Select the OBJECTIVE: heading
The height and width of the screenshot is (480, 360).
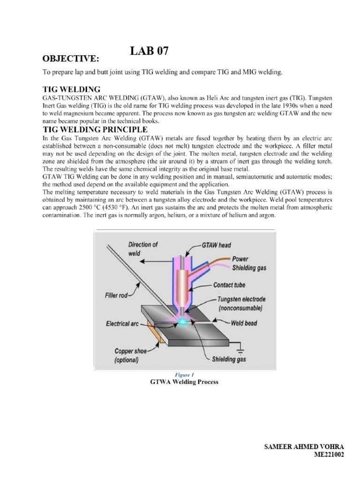tap(71, 58)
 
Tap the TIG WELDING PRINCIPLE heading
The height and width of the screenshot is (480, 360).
tap(96, 129)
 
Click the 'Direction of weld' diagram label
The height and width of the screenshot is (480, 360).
tap(142, 248)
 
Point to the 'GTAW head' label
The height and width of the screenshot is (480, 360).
tap(216, 245)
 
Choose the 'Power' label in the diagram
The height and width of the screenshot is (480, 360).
tap(240, 259)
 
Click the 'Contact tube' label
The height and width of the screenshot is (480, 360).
tap(229, 285)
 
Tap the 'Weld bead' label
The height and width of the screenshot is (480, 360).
tap(244, 323)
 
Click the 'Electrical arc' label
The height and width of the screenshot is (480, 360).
tap(121, 323)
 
